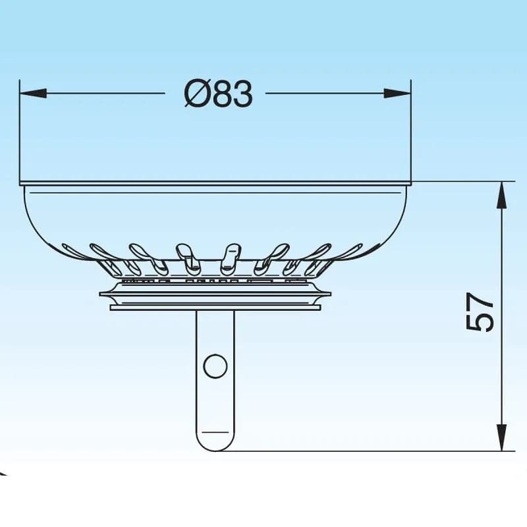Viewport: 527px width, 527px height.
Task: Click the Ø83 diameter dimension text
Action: point(219,94)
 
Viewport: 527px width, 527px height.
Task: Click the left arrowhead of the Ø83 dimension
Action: point(33,93)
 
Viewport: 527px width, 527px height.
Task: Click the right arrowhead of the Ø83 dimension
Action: point(397,93)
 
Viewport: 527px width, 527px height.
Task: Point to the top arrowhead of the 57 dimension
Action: point(501,195)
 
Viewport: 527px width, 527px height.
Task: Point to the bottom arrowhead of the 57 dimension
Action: point(501,437)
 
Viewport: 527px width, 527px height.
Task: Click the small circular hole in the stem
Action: point(215,366)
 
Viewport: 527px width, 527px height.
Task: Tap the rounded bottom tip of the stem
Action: point(215,450)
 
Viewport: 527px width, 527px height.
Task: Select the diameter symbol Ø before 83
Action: point(196,94)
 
